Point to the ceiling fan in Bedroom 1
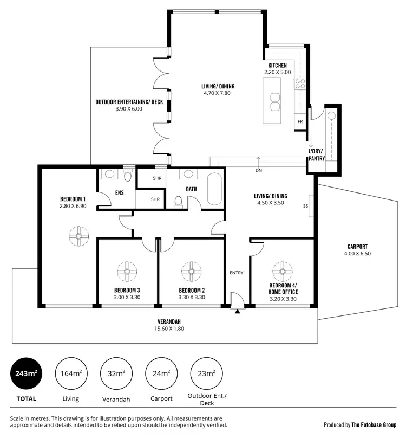pyautogui.click(x=78, y=236)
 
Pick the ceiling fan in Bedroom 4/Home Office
pyautogui.click(x=281, y=269)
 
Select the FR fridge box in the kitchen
pyautogui.click(x=300, y=122)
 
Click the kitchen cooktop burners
pyautogui.click(x=300, y=84)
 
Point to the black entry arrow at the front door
pyautogui.click(x=238, y=311)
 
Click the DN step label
pyautogui.click(x=258, y=170)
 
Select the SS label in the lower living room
pyautogui.click(x=305, y=206)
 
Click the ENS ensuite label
pyautogui.click(x=120, y=192)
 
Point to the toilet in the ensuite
pyautogui.click(x=128, y=175)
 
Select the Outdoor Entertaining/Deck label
pyautogui.click(x=129, y=101)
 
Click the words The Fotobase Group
pyautogui.click(x=374, y=424)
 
